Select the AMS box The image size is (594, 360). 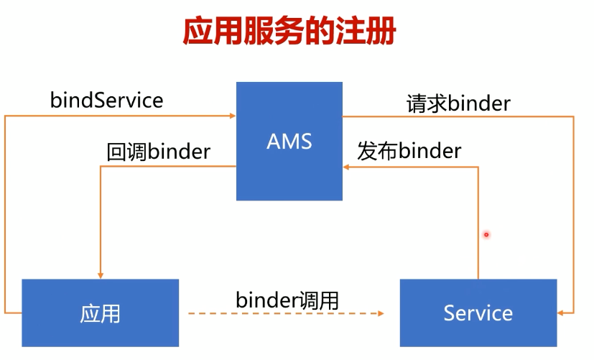[289, 141]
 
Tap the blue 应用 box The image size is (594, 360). [101, 313]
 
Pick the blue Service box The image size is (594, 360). [478, 313]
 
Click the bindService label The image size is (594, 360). [106, 100]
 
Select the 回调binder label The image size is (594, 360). [158, 152]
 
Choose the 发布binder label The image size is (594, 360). [409, 152]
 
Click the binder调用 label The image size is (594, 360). [287, 300]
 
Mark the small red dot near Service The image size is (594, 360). [486, 234]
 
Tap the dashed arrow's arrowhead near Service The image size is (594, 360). [380, 313]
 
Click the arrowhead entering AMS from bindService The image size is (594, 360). [232, 115]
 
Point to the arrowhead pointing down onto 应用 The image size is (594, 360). [101, 274]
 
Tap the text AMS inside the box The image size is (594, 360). [289, 141]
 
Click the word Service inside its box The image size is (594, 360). [478, 313]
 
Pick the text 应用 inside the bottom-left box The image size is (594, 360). [101, 313]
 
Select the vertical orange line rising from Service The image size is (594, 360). [478, 223]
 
